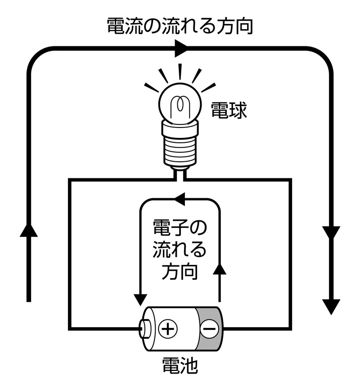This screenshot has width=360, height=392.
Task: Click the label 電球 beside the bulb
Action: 229,110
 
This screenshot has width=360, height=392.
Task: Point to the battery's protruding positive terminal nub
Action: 145,328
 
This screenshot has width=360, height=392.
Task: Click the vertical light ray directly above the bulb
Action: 180,71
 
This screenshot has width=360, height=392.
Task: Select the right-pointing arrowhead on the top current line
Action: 181,48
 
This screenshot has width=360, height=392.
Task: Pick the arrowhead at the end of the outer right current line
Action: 332,307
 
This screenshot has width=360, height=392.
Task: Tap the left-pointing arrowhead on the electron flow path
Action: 179,198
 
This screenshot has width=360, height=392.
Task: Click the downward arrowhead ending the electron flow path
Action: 140,299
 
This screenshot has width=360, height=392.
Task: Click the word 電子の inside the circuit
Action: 180,228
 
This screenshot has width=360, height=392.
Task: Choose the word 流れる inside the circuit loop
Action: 180,250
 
